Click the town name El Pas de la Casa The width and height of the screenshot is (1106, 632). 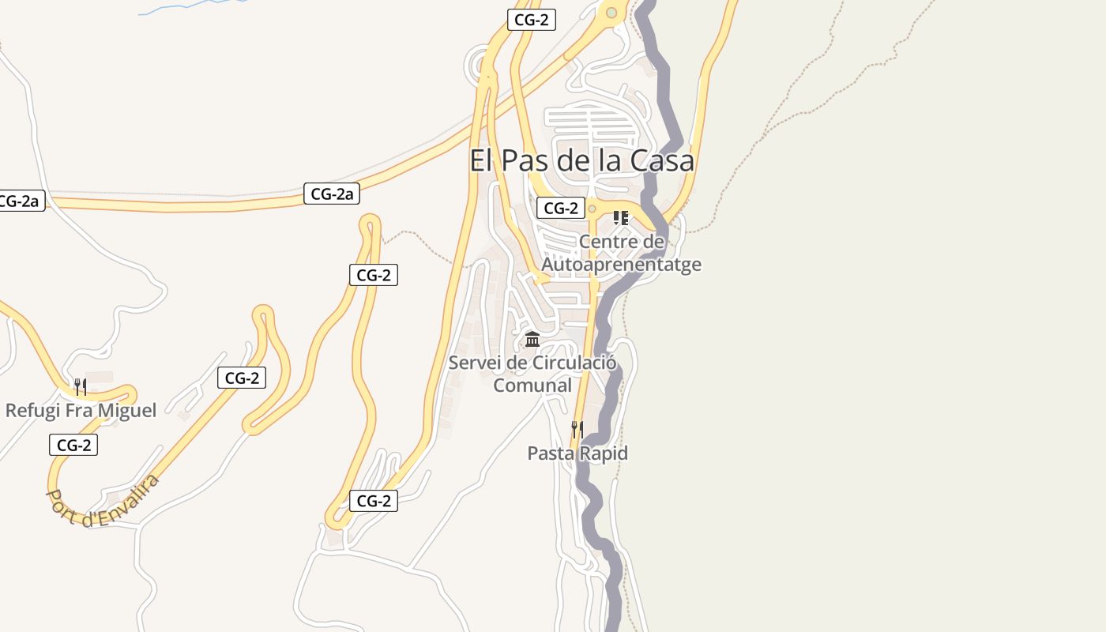point(581,160)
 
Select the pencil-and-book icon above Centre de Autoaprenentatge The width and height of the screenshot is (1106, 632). point(621,217)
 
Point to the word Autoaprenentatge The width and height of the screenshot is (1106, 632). point(621,264)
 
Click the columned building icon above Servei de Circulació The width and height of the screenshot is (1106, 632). point(532,340)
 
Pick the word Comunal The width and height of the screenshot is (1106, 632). point(532,386)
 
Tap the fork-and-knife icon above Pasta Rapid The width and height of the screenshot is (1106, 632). point(577,430)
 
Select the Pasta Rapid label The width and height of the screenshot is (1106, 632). point(577,453)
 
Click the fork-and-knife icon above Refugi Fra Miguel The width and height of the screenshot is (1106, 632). point(81,386)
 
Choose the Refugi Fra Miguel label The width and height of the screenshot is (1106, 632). point(81,410)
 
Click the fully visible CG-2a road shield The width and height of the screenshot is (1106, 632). point(332,194)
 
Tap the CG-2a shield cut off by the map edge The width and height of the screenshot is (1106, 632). point(19,201)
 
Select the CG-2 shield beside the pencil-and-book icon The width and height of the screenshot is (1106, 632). point(561,209)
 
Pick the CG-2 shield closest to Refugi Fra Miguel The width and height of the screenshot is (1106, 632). point(73,446)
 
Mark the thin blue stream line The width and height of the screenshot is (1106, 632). point(190,6)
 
